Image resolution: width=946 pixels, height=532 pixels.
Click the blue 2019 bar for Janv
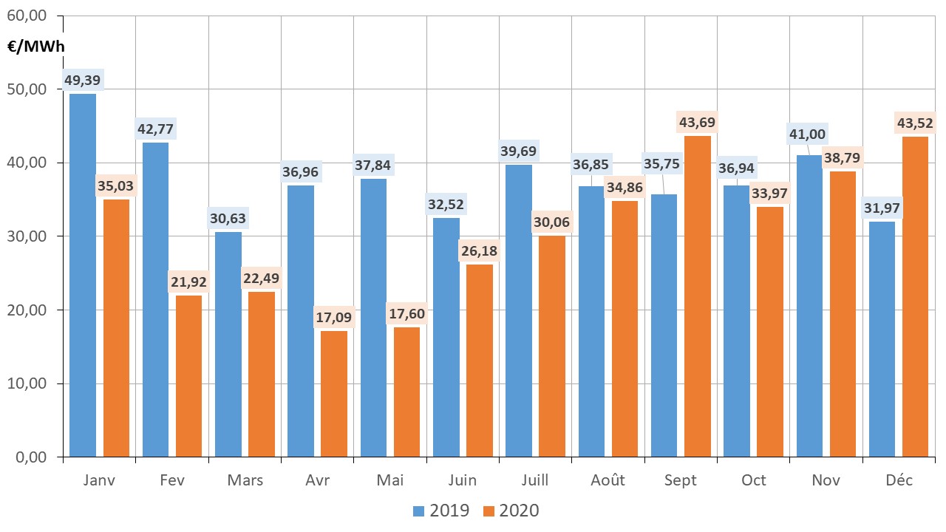point(82,275)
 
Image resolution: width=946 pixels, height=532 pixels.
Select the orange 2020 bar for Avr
point(334,393)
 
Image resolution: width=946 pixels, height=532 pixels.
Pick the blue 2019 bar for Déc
point(882,338)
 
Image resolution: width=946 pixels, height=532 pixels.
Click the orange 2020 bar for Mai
point(406,392)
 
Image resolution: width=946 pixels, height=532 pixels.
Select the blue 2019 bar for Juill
point(518,310)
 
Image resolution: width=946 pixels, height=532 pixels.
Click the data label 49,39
point(82,79)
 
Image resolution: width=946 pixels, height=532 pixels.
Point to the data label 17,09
point(334,318)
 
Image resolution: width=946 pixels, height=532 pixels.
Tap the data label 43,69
point(698,122)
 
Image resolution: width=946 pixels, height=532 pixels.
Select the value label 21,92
point(189,282)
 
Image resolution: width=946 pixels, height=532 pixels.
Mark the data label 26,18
point(479,250)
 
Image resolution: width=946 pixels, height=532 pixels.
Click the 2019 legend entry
point(440,511)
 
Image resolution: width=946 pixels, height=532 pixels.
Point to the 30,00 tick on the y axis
point(31,236)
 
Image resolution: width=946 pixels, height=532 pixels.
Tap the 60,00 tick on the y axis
point(31,16)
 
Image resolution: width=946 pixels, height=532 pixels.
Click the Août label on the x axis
point(608,480)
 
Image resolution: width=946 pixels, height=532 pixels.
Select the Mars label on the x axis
point(245,480)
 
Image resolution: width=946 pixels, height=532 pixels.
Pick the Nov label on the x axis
point(826,480)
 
